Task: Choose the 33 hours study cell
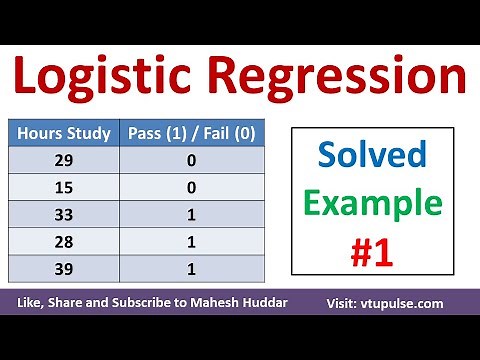pos(66,214)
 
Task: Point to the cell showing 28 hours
pos(66,241)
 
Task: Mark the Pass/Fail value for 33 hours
pos(190,214)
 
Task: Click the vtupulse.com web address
pos(421,303)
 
